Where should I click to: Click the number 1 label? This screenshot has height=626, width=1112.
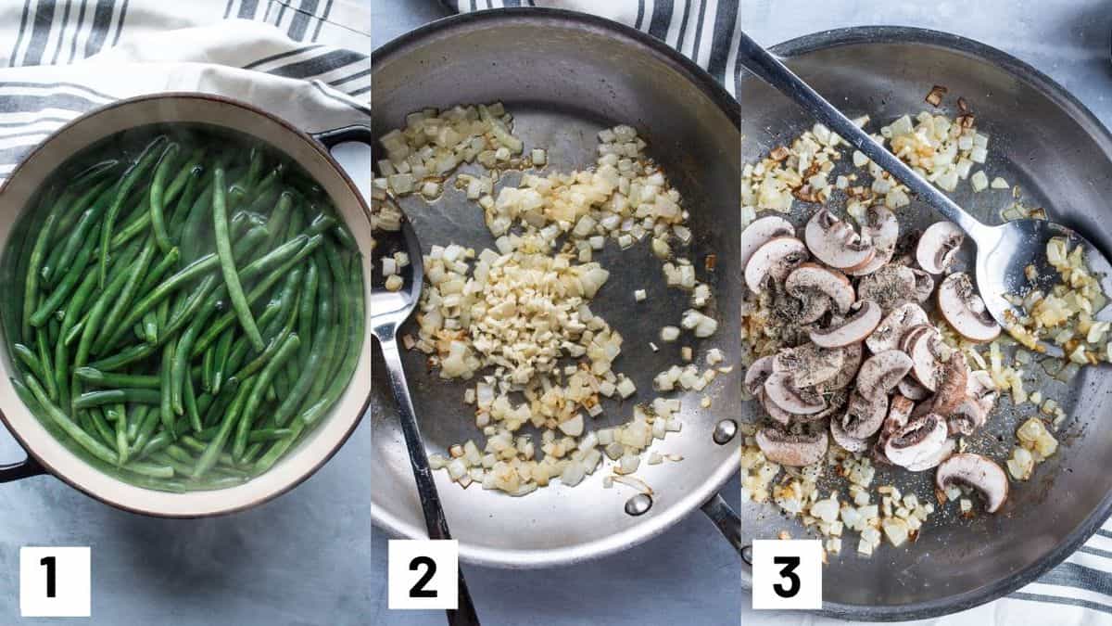point(55,581)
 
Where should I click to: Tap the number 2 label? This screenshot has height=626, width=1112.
point(423,574)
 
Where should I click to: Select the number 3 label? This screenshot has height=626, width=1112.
point(787,574)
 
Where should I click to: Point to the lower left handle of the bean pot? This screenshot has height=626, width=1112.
point(14,465)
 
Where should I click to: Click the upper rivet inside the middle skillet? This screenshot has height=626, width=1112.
point(725,432)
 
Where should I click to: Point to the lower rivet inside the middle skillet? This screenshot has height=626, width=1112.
point(638,505)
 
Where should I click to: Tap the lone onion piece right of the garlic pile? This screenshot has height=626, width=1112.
point(640,295)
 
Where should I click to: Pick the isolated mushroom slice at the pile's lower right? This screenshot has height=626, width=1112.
point(972,480)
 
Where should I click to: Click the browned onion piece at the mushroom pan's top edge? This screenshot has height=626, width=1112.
point(936,96)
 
